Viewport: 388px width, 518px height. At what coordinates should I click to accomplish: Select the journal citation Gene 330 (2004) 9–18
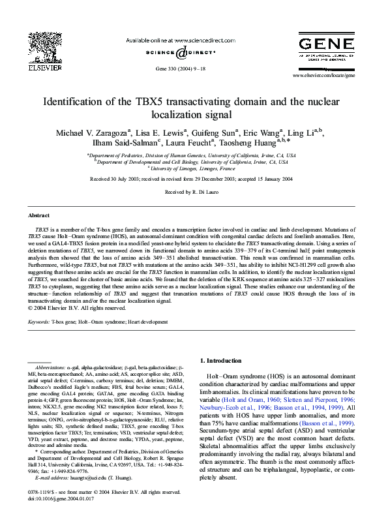point(179,68)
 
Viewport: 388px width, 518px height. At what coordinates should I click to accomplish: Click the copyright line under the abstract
point(76,307)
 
